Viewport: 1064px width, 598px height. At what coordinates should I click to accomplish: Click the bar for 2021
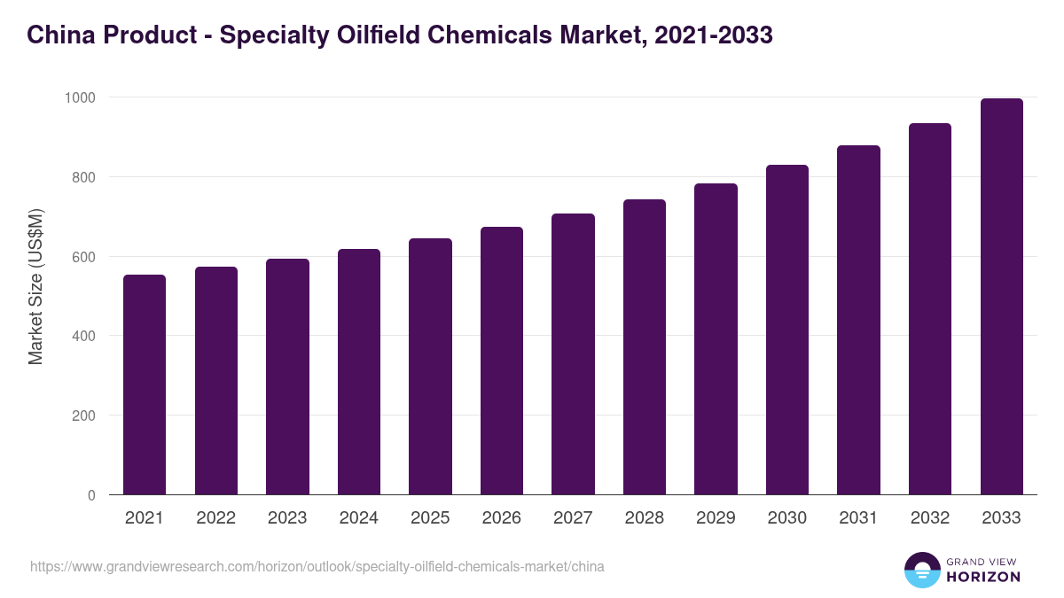point(145,384)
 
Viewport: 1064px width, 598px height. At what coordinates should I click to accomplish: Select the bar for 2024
point(358,372)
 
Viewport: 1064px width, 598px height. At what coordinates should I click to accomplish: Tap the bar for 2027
point(573,354)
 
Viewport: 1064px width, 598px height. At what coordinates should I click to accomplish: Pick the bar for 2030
point(787,330)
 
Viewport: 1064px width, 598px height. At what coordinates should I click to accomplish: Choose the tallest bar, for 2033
point(1001,297)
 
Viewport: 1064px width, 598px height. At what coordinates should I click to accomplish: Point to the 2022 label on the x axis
point(215,518)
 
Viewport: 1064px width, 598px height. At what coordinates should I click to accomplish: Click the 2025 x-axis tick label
point(430,518)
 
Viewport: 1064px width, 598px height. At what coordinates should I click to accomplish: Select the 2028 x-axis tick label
point(645,518)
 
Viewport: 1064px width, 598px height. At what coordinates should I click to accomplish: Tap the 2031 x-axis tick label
point(858,518)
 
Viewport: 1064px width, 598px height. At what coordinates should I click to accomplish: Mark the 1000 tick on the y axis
point(79,97)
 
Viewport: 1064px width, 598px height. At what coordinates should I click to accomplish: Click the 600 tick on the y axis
point(83,257)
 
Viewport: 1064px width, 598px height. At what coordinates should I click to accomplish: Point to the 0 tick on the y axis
point(91,495)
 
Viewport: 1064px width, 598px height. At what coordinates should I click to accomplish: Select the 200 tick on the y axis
point(83,415)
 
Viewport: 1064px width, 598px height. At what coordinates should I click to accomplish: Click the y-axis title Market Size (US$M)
point(35,287)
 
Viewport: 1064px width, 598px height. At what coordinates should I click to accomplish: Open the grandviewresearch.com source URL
point(317,566)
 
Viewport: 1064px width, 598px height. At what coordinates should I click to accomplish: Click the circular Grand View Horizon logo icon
point(921,571)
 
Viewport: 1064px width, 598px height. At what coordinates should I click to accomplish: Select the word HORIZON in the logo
point(982,577)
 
